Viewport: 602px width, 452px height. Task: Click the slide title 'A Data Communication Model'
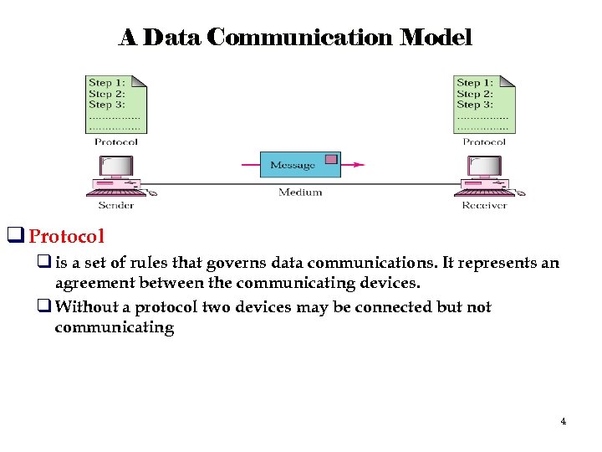[295, 38]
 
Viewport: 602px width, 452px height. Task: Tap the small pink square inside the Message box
[331, 159]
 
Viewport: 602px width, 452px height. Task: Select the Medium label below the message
[300, 193]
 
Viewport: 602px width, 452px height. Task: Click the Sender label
[116, 205]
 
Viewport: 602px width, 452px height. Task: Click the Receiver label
[484, 205]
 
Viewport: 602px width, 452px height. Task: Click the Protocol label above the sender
[116, 142]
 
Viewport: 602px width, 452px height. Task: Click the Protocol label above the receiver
[484, 142]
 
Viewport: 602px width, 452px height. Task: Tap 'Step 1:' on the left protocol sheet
[106, 83]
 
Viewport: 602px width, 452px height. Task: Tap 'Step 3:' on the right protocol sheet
[474, 105]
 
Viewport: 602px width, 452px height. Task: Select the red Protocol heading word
[67, 237]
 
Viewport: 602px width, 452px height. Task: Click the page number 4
[563, 421]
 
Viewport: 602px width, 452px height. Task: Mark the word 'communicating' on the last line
[114, 328]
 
